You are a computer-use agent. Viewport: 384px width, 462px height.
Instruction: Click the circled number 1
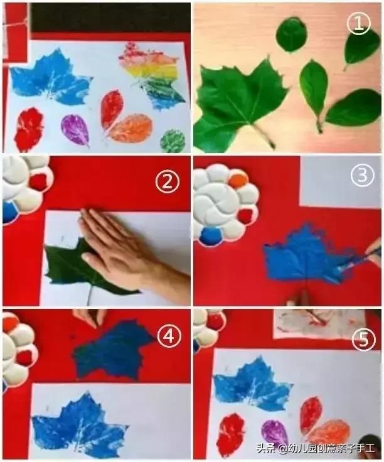[x=359, y=24]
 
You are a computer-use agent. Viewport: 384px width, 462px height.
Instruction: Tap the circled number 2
[x=168, y=182]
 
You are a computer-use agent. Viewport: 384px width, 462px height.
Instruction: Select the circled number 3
[x=363, y=175]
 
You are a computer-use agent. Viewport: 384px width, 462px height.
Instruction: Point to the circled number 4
[x=169, y=336]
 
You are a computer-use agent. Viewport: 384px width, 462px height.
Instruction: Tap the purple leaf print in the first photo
[x=75, y=130]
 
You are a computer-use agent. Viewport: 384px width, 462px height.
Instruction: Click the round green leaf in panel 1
[x=292, y=35]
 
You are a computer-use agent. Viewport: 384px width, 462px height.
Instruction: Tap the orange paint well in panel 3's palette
[x=238, y=181]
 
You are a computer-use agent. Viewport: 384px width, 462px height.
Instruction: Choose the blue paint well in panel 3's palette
[x=211, y=236]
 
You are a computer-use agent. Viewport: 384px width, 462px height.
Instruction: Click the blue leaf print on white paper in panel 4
[x=80, y=424]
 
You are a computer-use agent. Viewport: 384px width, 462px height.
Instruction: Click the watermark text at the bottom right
[x=316, y=448]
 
